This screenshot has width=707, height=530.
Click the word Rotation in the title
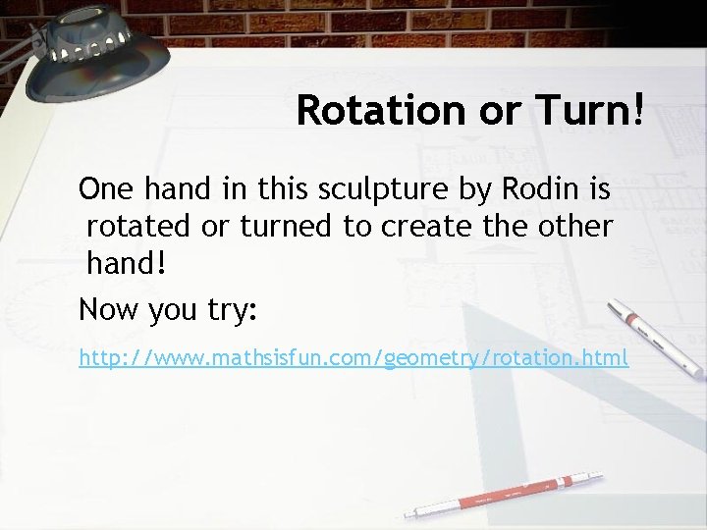click(x=368, y=110)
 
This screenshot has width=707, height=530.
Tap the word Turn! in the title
click(x=588, y=110)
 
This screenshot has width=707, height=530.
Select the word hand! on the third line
click(x=124, y=266)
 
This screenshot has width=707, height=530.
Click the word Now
click(x=109, y=311)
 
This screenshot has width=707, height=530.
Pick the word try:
click(x=230, y=311)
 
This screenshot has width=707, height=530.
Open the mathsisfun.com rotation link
click(x=353, y=358)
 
